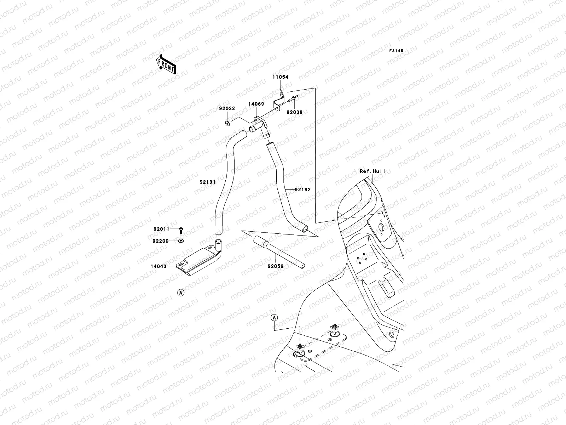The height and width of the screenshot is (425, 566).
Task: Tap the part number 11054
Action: (280, 77)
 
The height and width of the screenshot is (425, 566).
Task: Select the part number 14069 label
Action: (256, 104)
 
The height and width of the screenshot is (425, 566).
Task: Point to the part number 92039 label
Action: (294, 112)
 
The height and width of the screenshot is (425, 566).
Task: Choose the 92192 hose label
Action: (303, 189)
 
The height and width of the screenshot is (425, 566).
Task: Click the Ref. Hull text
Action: (372, 171)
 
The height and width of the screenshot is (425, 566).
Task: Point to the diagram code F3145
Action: (396, 51)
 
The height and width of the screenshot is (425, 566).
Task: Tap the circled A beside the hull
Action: (275, 318)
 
